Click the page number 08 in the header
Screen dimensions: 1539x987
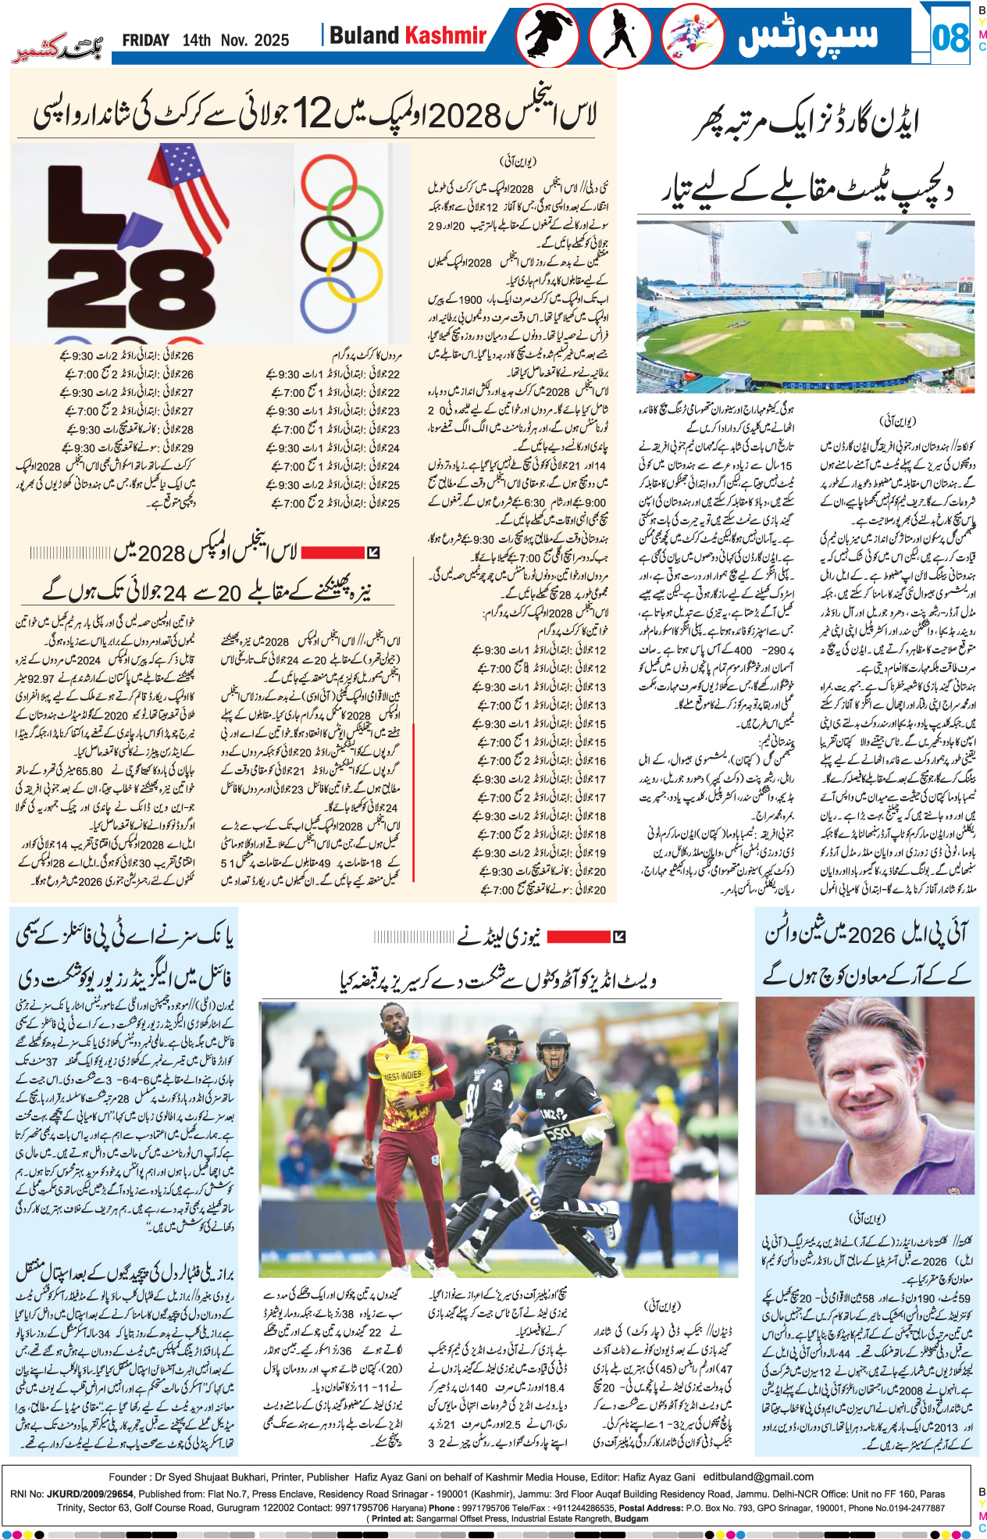[x=950, y=37]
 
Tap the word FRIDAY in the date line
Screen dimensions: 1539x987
[x=145, y=41]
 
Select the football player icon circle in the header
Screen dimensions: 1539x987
[x=547, y=36]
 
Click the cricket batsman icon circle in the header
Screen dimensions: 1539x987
[x=621, y=36]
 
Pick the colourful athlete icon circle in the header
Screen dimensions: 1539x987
[x=693, y=36]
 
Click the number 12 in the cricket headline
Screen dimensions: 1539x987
[x=312, y=116]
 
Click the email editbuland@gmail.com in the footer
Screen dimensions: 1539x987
[x=758, y=1477]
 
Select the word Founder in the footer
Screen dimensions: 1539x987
[x=128, y=1477]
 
